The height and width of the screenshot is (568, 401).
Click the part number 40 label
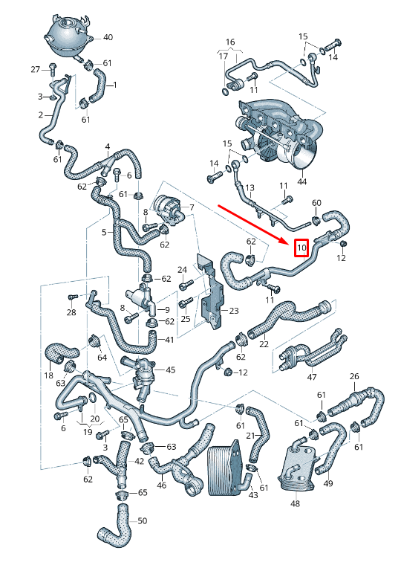108,37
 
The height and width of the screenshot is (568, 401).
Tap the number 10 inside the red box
301,248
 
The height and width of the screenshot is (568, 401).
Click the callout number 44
301,181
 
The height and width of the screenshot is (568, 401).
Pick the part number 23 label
234,311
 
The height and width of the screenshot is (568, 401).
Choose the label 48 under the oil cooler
296,503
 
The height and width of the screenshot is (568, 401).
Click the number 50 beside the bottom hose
143,520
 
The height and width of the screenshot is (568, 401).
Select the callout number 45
171,369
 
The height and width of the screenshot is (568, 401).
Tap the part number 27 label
35,69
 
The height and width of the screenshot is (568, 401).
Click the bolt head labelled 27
52,67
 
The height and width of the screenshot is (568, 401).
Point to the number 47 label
312,377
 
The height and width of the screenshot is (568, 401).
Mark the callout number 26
354,376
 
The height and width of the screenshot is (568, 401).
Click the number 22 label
264,343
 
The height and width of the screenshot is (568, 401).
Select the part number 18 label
49,375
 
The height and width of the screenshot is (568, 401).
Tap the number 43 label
253,495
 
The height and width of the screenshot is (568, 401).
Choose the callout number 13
250,187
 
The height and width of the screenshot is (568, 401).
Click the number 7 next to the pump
192,207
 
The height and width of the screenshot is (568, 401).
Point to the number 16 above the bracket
230,42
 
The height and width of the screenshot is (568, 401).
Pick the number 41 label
169,340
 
